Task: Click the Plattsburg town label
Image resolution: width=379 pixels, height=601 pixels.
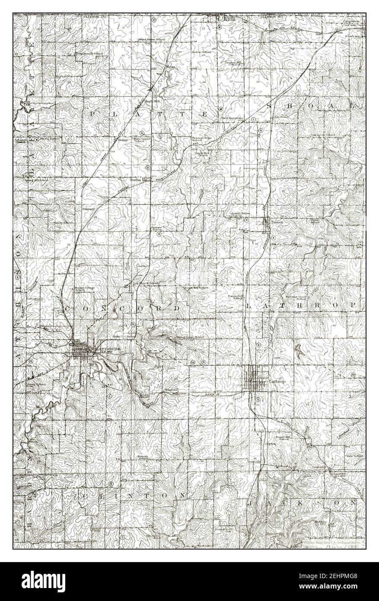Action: (x=105, y=348)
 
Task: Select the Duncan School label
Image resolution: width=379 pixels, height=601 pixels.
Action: (x=143, y=457)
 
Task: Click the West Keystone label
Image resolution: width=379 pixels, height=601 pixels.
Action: (x=233, y=118)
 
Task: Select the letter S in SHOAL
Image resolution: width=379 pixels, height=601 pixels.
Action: (x=270, y=106)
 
